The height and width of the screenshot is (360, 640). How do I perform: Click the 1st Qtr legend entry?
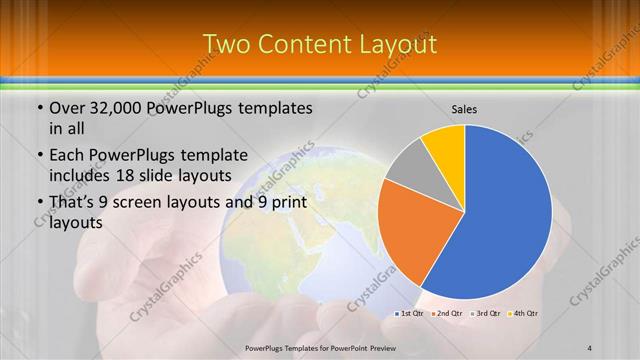(411, 315)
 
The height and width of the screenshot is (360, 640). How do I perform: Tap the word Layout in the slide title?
(400, 43)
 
